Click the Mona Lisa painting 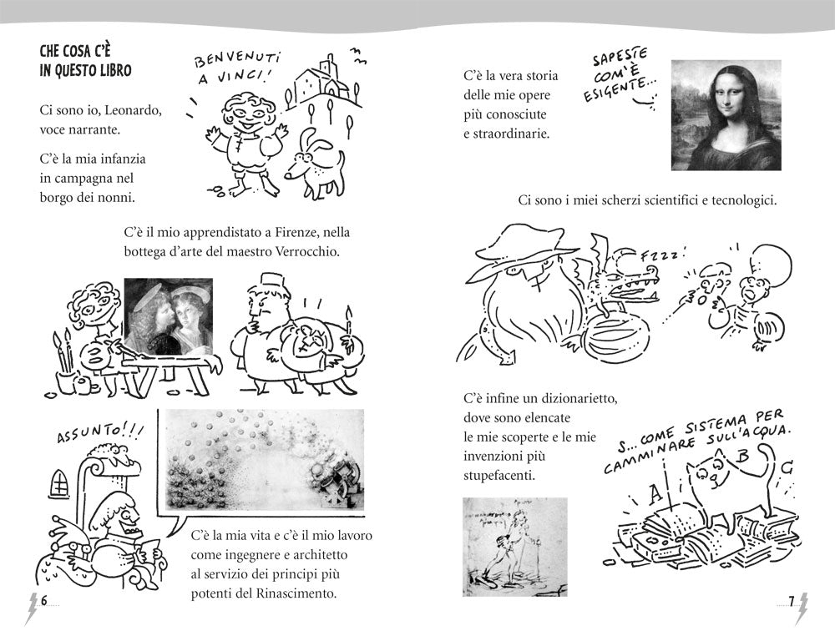tap(726, 114)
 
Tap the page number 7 tap(790, 601)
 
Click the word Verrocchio tap(306, 251)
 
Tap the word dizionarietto tap(568, 399)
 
